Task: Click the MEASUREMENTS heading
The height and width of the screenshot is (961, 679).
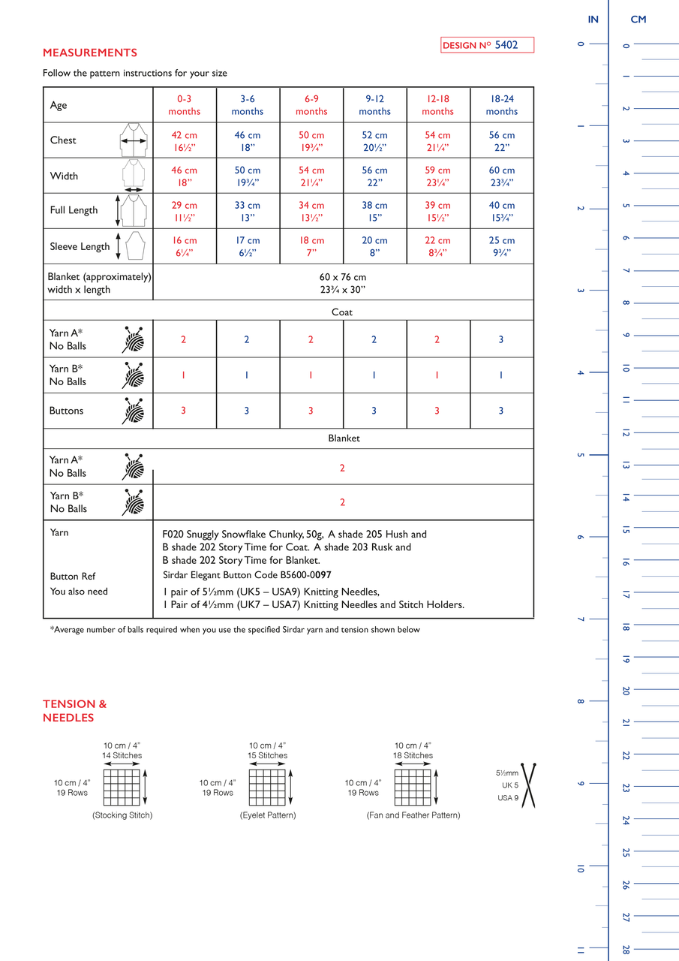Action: [90, 53]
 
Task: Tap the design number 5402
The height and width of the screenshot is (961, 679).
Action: [506, 45]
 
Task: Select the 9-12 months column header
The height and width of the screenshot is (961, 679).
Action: [374, 105]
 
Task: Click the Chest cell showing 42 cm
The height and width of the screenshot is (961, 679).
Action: [185, 141]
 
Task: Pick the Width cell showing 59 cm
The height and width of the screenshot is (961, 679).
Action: [437, 176]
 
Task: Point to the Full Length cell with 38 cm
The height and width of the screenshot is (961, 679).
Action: [374, 211]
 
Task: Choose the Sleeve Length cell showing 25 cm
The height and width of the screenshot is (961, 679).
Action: [502, 246]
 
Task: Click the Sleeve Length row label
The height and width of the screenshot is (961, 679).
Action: [80, 246]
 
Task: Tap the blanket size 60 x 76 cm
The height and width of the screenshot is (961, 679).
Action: [343, 276]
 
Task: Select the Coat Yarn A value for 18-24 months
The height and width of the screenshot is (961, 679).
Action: [502, 339]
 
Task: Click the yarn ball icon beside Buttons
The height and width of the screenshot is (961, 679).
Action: [134, 411]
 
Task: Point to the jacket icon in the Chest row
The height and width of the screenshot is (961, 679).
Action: [134, 140]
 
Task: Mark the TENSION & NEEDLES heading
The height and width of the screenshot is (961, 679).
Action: [75, 710]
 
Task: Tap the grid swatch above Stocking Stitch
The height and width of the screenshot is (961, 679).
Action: [122, 787]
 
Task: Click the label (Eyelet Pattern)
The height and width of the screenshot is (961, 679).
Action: [268, 815]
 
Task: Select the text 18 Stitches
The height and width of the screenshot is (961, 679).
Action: [413, 755]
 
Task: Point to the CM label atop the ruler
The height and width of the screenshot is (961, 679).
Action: [638, 20]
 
